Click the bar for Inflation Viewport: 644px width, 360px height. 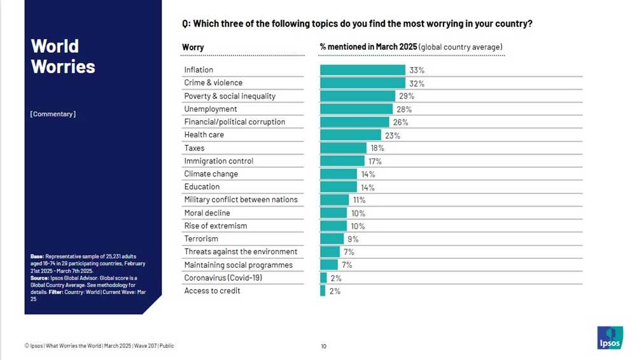point(362,70)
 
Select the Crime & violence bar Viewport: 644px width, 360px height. point(362,83)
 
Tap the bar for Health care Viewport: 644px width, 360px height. point(350,135)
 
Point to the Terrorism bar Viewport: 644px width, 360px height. point(332,239)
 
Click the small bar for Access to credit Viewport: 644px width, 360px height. point(323,291)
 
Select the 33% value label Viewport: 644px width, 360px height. point(417,71)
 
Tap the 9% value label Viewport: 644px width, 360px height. point(353,239)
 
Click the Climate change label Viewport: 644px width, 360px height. point(211,174)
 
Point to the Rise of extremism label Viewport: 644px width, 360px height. point(215,226)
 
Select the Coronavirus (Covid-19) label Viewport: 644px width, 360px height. point(223,278)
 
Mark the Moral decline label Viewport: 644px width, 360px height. point(207,213)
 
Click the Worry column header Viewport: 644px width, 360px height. point(193,48)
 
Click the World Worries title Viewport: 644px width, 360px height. point(62,56)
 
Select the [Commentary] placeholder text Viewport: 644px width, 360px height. point(52,114)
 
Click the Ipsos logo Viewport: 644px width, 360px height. point(610,338)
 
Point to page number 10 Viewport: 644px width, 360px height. point(323,346)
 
